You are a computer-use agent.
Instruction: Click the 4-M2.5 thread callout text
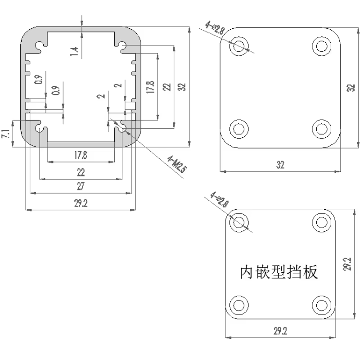coord(176,164)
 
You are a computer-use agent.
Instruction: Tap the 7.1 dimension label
coord(6,134)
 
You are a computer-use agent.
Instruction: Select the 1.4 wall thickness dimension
coord(74,51)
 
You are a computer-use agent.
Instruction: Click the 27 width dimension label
coord(81,186)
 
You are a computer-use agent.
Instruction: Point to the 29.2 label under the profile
coord(81,203)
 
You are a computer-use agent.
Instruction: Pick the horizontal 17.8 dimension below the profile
coord(81,155)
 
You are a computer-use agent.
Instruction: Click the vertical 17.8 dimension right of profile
coord(150,87)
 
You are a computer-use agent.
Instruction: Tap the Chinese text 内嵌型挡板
coord(279,272)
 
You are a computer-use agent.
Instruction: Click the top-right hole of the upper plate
coord(322,46)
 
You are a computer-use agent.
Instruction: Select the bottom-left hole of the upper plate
coord(239,129)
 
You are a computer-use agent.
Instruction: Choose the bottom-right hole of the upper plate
coord(322,129)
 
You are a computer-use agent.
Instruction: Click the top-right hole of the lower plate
coord(322,222)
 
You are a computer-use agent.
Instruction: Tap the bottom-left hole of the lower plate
coord(239,305)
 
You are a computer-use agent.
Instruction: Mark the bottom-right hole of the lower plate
coord(322,305)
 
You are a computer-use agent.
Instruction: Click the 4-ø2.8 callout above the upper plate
coord(215,28)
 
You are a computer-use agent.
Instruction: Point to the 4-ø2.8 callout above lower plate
coord(220,199)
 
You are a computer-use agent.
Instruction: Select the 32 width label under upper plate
coord(280,165)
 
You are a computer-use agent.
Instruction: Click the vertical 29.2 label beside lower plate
coord(347,264)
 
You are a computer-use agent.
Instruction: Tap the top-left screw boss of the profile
coord(40,45)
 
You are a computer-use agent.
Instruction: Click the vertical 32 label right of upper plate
coord(351,88)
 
